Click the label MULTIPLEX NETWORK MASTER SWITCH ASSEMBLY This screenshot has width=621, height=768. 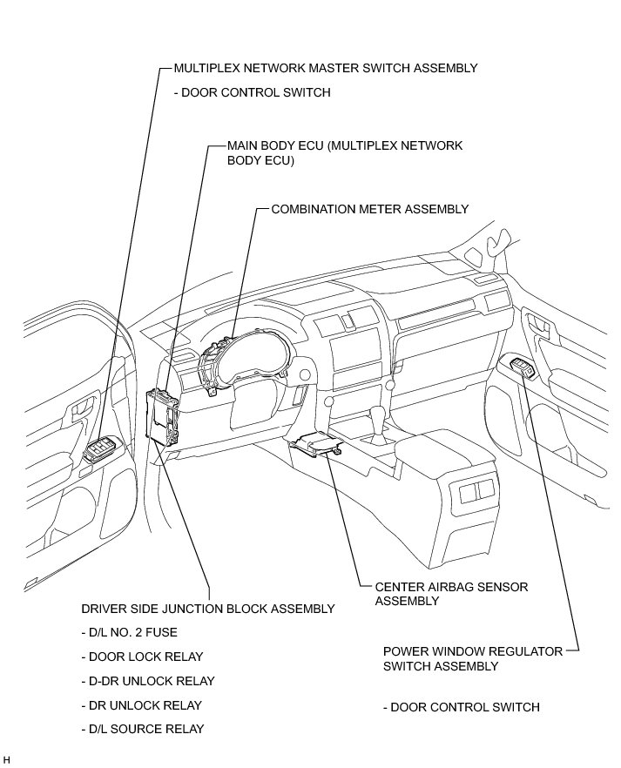pos(326,68)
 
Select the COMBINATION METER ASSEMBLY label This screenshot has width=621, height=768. pos(370,209)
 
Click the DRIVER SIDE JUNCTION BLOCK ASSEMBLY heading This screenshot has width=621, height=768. pos(207,609)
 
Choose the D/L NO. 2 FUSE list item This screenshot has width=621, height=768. pos(133,632)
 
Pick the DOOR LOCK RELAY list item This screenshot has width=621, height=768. pos(141,657)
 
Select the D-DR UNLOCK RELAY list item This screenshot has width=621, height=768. pos(147,681)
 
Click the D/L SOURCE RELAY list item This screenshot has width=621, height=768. pos(143,729)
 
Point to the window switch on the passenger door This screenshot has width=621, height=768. pos(524,368)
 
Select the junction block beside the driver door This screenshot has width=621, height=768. pos(162,415)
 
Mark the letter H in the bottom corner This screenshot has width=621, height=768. pos(6,760)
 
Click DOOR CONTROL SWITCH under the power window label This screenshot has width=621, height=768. pos(462,707)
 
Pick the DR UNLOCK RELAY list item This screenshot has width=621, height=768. pos(141,705)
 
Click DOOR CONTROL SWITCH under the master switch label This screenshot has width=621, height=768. pos(253,92)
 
